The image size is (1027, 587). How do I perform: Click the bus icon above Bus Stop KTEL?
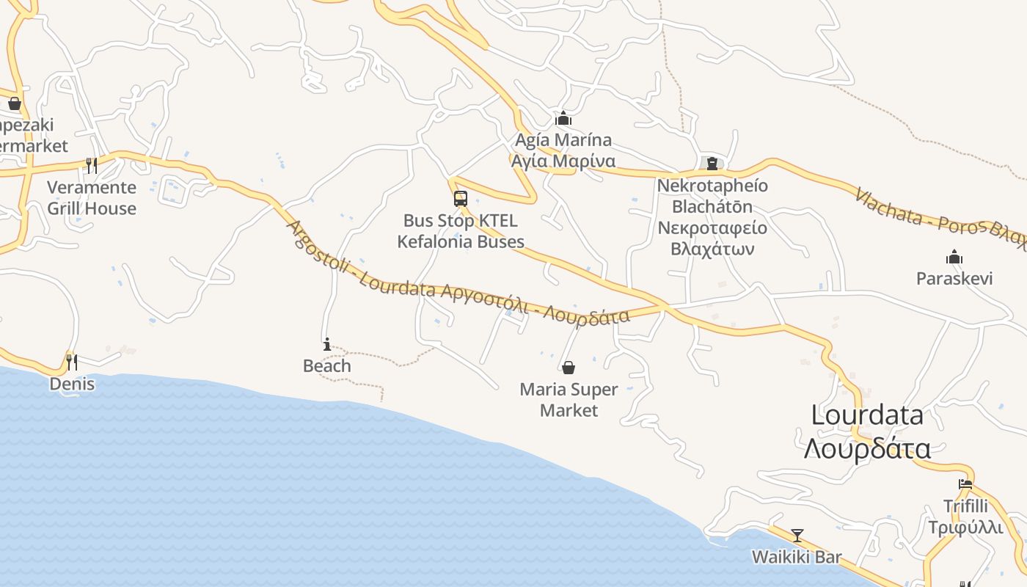coord(461,199)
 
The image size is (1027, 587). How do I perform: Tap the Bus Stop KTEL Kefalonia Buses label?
coord(461,231)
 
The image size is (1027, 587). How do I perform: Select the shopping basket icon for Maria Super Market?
coord(569,368)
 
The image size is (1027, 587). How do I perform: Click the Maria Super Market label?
coord(569,400)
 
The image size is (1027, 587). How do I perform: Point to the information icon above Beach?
coord(327,344)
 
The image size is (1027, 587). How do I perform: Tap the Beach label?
coord(327,365)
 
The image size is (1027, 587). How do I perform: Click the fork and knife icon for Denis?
coord(72,362)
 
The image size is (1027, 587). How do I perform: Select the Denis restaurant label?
coord(72,384)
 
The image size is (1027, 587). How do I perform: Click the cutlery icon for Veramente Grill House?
coord(92,165)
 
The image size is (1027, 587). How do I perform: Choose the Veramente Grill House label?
coord(92,198)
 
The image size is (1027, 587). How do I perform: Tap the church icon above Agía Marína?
coord(563,118)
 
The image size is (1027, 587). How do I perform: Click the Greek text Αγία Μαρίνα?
coord(563,161)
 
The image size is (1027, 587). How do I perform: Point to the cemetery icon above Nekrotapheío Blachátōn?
coord(712,164)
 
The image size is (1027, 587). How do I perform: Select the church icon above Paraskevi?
coord(954,258)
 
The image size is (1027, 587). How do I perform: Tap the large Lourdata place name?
coord(867,415)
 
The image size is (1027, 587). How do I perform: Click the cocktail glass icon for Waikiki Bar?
coord(797,536)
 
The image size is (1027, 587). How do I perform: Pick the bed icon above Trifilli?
coord(965,484)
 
